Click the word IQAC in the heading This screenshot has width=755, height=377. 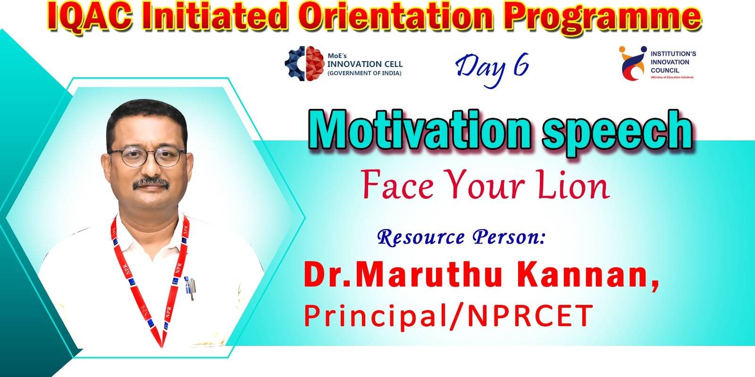pyautogui.click(x=89, y=17)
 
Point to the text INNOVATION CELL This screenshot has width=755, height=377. pyautogui.click(x=365, y=64)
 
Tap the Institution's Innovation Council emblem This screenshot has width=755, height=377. pyautogui.click(x=633, y=63)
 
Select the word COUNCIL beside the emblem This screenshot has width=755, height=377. pyautogui.click(x=665, y=71)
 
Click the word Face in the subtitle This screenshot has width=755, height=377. pyautogui.click(x=398, y=185)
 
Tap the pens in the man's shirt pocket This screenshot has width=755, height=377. pyautogui.click(x=190, y=288)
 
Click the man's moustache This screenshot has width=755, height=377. pyautogui.click(x=151, y=183)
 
